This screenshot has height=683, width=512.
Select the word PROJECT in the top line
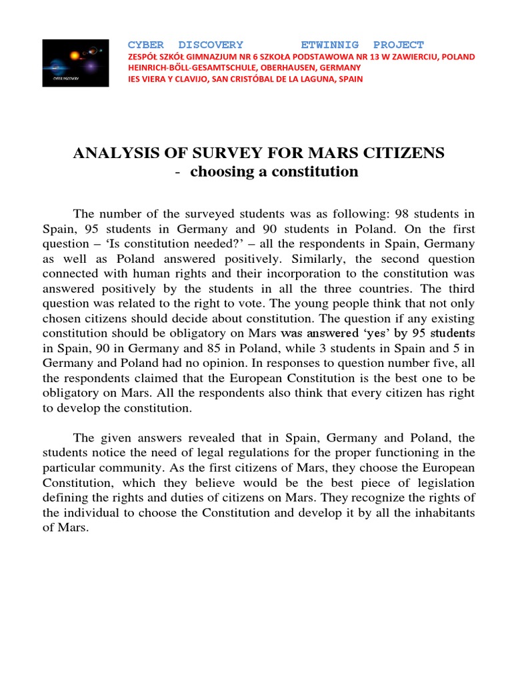[x=397, y=45]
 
